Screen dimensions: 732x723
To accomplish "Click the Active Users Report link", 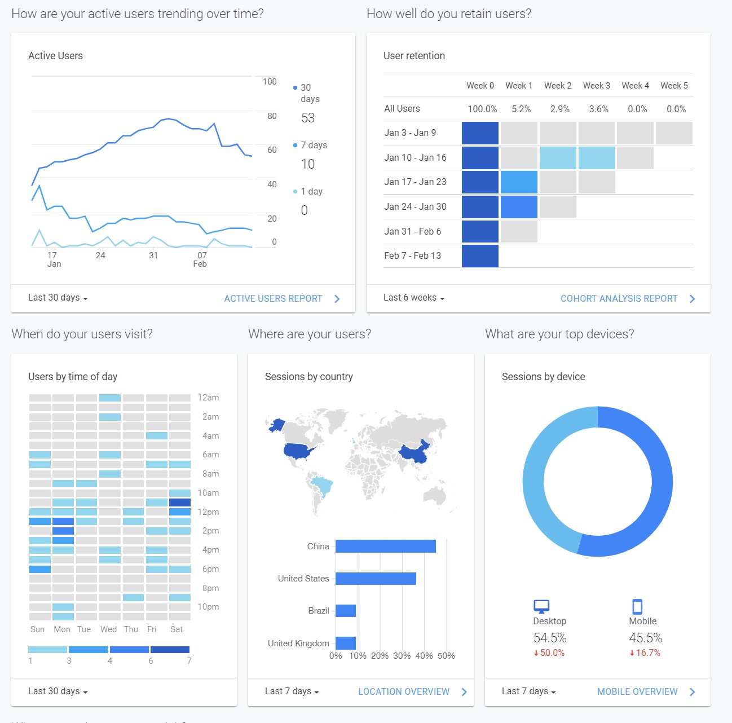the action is coord(273,299).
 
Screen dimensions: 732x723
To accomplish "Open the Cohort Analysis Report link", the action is coord(619,299).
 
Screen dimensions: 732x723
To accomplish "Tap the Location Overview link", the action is coord(404,691).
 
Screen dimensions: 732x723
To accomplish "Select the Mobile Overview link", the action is coord(637,691).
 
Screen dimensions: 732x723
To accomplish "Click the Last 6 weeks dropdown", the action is coord(414,297).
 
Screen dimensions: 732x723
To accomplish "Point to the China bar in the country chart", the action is coord(386,546).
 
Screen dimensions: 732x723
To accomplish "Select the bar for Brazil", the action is coord(346,611).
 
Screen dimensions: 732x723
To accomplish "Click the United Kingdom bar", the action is coord(346,643).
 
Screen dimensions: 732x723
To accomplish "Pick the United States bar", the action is coord(376,578).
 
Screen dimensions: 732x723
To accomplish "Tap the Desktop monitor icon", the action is coord(541,606).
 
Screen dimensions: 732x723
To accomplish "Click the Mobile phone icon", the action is coord(637,606).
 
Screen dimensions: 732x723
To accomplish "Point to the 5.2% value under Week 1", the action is coord(521,109).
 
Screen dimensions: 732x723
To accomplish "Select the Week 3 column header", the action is coord(597,86).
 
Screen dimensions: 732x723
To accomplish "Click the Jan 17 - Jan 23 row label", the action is coord(415,182).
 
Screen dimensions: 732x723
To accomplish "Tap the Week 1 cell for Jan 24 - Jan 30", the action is coord(519,206).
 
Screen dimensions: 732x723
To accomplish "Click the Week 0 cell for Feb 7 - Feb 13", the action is coord(480,256).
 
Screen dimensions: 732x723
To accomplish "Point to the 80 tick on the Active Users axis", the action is coord(272,116).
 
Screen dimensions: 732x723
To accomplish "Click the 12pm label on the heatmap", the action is coord(208,512).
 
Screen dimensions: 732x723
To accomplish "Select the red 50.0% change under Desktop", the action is coord(549,653).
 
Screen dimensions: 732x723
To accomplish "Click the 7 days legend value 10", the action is coord(308,164).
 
